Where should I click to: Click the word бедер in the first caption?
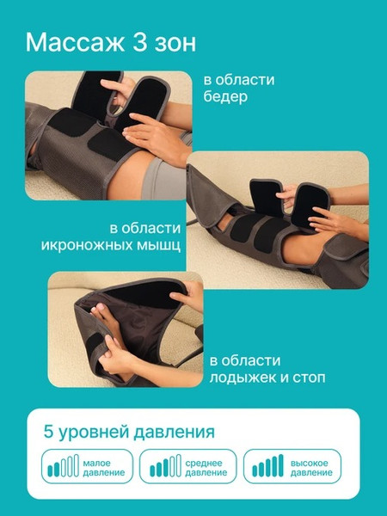pyautogui.click(x=225, y=97)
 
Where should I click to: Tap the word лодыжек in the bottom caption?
pyautogui.click(x=245, y=378)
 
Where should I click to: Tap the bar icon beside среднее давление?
pyautogui.click(x=165, y=466)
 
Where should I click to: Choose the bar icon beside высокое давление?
pyautogui.click(x=267, y=466)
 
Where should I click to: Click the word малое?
pyautogui.click(x=97, y=460)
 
